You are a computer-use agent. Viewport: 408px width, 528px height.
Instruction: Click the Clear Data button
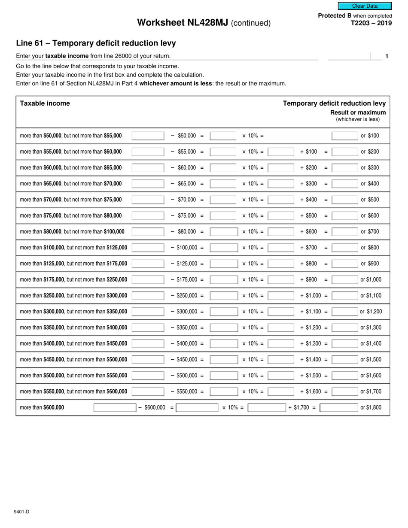pyautogui.click(x=365, y=6)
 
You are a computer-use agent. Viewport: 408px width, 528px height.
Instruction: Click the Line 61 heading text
pyautogui.click(x=96, y=43)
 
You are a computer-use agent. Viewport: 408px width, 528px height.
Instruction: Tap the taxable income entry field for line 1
pyautogui.click(x=348, y=56)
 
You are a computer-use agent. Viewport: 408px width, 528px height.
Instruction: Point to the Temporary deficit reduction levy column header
pyautogui.click(x=334, y=103)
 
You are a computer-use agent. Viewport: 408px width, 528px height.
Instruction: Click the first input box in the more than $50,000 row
pyautogui.click(x=148, y=136)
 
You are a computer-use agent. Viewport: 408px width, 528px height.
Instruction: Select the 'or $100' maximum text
pyautogui.click(x=370, y=136)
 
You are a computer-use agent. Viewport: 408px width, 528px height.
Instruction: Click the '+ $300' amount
pyautogui.click(x=309, y=184)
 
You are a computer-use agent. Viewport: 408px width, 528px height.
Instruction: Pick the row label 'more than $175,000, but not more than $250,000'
pyautogui.click(x=74, y=279)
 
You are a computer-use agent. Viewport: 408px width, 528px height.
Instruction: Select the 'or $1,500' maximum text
pyautogui.click(x=371, y=360)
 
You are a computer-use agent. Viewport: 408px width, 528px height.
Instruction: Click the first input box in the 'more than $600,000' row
pyautogui.click(x=114, y=407)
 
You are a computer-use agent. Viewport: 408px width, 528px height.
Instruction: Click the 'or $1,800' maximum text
pyautogui.click(x=371, y=407)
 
